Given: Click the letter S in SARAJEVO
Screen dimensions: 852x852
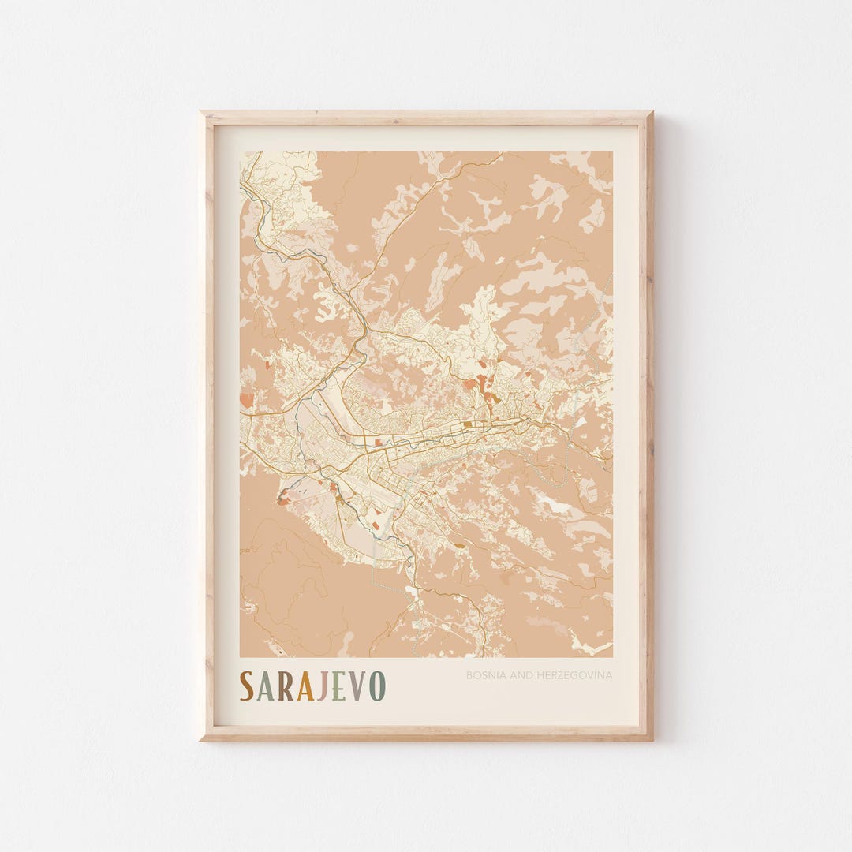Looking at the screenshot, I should (x=247, y=686).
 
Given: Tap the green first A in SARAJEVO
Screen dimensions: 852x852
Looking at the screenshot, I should (x=266, y=686).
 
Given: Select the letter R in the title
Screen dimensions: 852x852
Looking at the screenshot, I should (x=286, y=686).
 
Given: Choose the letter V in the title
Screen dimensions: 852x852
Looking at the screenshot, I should (x=357, y=686).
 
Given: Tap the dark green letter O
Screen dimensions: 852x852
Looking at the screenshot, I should (x=377, y=686).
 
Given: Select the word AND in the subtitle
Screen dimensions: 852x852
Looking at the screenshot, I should (x=516, y=675).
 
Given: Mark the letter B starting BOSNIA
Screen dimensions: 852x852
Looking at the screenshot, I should (x=469, y=675).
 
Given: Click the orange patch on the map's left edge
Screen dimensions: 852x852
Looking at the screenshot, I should (x=246, y=399).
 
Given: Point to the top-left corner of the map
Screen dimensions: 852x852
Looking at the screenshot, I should (x=241, y=152).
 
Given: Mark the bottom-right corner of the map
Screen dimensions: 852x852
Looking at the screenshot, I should (x=612, y=656).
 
